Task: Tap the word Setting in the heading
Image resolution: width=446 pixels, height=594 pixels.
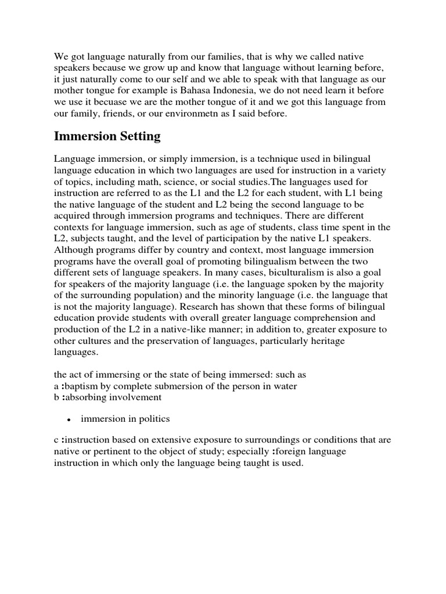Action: pyautogui.click(x=140, y=137)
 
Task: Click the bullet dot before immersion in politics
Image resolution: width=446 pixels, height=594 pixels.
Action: pyautogui.click(x=69, y=419)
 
